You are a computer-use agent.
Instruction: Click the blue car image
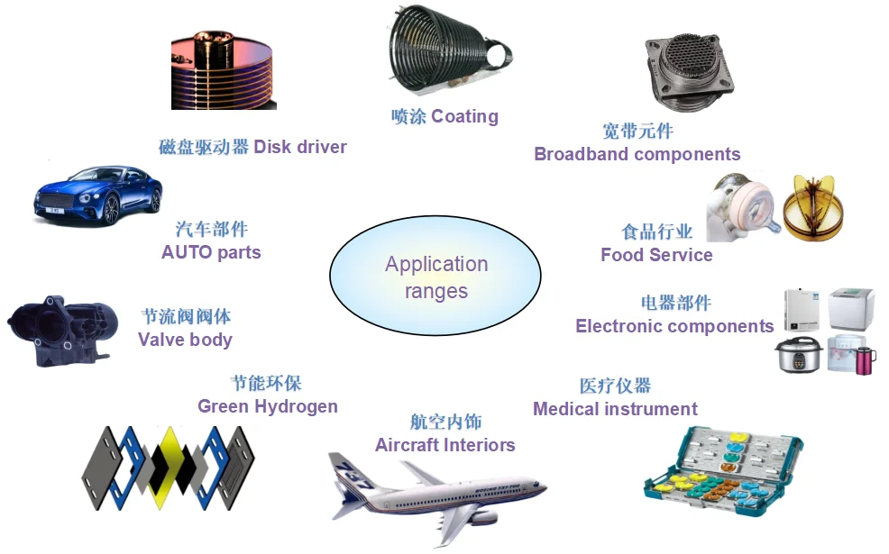98,195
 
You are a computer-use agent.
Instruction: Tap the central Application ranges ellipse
435,277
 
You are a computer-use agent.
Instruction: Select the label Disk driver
252,147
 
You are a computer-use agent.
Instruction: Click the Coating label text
444,116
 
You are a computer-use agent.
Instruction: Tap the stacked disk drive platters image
225,74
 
